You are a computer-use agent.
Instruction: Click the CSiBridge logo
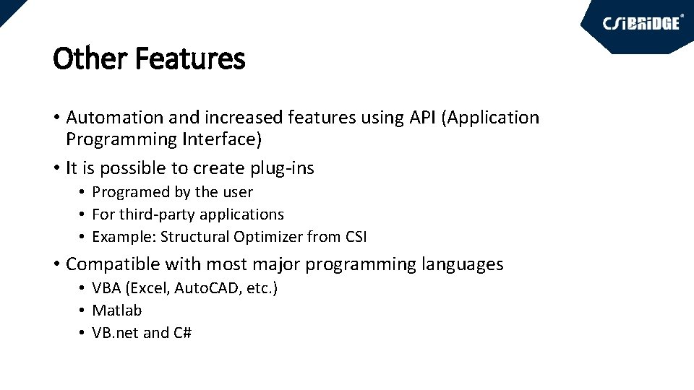[x=641, y=23]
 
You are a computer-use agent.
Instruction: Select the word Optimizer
[x=268, y=237]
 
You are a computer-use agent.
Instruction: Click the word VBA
[x=106, y=288]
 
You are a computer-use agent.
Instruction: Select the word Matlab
[x=116, y=311]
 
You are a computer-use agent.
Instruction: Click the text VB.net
[x=115, y=333]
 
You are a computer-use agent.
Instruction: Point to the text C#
[x=182, y=333]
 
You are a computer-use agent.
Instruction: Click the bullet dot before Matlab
[x=84, y=311]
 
